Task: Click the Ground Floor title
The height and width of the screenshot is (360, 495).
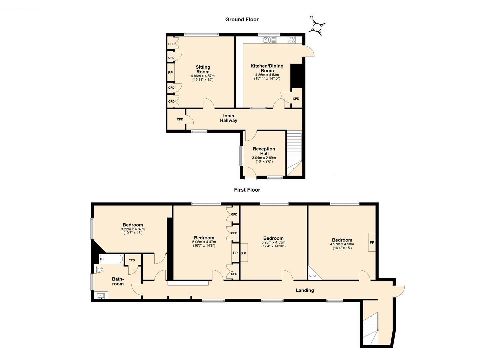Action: pos(242,19)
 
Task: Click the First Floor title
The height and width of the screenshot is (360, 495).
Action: pos(247,190)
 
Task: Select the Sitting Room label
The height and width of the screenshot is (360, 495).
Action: pos(203,69)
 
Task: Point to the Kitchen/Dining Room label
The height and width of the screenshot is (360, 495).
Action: pos(267,68)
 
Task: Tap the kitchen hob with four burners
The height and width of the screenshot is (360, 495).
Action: pos(292,40)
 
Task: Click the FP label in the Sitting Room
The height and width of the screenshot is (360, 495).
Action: pos(170,73)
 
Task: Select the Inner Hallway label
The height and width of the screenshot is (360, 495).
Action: pos(229,118)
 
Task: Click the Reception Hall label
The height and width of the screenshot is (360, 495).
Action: pos(264,151)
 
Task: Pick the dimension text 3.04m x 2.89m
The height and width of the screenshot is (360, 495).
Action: pos(264,158)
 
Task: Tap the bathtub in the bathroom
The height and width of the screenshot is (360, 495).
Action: pos(111,259)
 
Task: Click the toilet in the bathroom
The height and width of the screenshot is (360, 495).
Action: pos(99,269)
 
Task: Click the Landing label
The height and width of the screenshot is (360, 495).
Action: pos(305,290)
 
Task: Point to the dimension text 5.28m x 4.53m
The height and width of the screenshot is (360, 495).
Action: pos(273,242)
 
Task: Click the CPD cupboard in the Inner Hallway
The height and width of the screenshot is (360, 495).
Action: pos(180,119)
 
